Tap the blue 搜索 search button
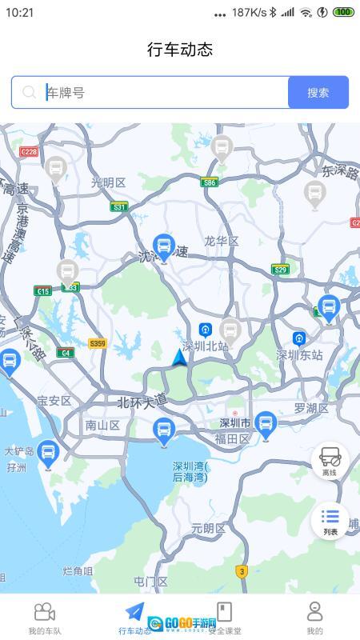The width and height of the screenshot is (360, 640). [x=318, y=92]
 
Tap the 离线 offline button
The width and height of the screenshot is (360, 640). [x=330, y=461]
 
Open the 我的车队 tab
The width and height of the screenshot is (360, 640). [x=45, y=618]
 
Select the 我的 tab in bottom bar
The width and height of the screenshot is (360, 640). [x=314, y=618]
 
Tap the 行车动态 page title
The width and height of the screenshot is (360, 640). [x=180, y=50]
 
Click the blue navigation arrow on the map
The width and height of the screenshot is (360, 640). [x=180, y=358]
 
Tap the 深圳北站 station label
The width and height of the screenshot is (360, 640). [x=205, y=346]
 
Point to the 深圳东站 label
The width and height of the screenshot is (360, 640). [x=299, y=354]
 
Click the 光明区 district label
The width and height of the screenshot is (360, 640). [x=109, y=182]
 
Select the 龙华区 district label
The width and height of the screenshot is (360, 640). [x=221, y=241]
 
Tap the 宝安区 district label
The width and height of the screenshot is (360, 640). [x=54, y=400]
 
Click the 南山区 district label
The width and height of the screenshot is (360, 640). [x=102, y=426]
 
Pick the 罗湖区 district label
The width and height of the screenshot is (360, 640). [x=311, y=408]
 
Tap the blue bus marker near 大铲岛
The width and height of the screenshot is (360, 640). [x=48, y=454]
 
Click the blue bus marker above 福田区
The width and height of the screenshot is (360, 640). [x=266, y=424]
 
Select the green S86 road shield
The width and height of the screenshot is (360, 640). [x=209, y=182]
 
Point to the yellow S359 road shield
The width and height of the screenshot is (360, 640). [x=98, y=343]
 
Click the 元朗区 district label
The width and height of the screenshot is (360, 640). [x=209, y=528]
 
